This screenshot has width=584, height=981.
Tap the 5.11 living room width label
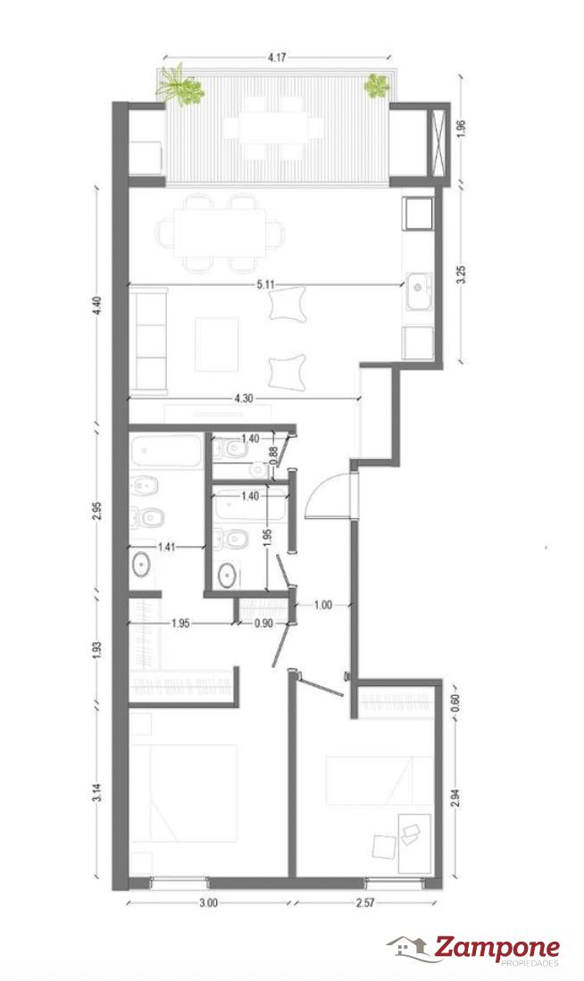coord(266,284)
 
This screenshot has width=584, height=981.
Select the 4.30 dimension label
coord(243,398)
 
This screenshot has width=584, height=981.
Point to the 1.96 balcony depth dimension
coord(462,129)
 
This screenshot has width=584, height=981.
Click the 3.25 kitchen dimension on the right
coord(462,275)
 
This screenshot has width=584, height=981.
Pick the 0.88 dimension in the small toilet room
coord(273,453)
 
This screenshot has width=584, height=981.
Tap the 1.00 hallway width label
coord(323,605)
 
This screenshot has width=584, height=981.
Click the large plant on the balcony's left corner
coord(180,85)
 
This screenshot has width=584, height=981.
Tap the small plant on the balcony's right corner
coord(377,87)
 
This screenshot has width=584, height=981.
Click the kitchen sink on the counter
coord(419,291)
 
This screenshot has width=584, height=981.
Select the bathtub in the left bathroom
coord(166,451)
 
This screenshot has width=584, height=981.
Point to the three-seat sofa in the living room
coord(148,341)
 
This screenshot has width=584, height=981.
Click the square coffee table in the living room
coord(216,344)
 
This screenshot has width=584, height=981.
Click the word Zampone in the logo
coord(497,949)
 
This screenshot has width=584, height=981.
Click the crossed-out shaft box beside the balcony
coord(438,141)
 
